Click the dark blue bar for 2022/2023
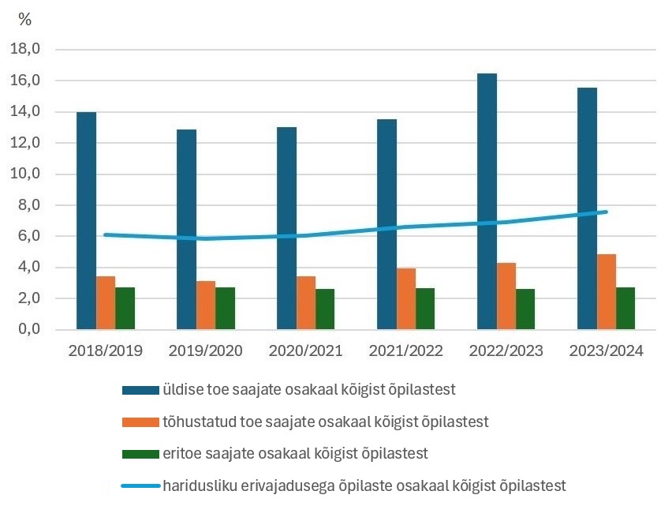click(487, 201)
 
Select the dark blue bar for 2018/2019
click(87, 220)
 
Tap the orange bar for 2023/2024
click(607, 291)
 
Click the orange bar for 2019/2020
click(206, 305)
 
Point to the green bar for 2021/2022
click(425, 309)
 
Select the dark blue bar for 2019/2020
click(187, 229)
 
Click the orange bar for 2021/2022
click(406, 298)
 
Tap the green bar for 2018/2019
click(125, 308)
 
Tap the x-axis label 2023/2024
click(607, 350)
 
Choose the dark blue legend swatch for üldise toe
click(140, 390)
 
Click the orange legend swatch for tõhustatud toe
click(140, 422)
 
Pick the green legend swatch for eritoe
click(140, 453)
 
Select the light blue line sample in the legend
click(140, 484)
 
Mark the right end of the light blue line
click(606, 212)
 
